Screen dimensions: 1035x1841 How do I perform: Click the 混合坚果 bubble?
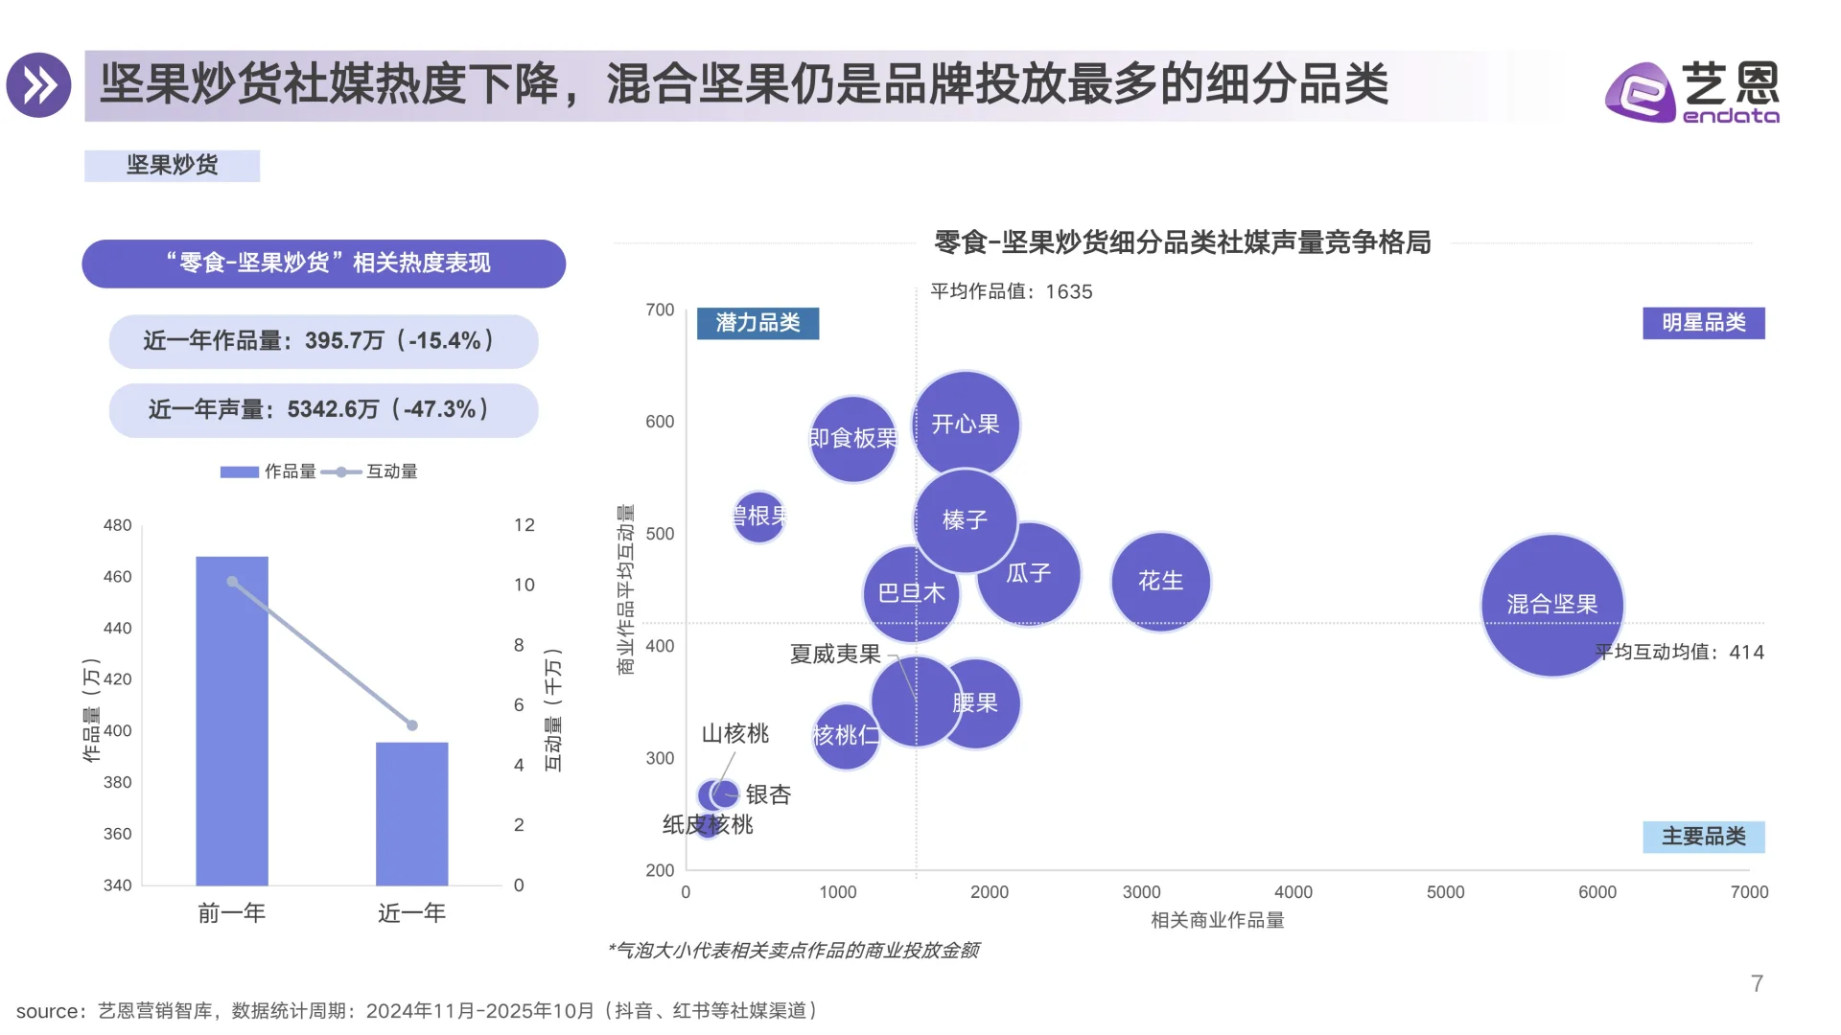[x=1551, y=605]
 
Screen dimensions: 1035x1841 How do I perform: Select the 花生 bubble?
[x=1160, y=581]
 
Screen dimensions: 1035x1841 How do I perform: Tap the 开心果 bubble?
[x=966, y=424]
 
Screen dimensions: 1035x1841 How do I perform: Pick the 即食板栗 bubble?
[x=852, y=438]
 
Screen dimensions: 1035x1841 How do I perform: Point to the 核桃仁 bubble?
[x=845, y=736]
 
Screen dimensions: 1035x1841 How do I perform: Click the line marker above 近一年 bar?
[x=412, y=725]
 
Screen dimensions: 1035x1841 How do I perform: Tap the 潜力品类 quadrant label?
[x=757, y=323]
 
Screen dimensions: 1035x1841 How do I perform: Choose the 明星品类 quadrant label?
[x=1703, y=323]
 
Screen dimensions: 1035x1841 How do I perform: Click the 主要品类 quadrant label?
[x=1703, y=837]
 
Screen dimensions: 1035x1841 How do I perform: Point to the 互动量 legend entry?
[x=370, y=471]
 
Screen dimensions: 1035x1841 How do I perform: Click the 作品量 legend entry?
[x=268, y=471]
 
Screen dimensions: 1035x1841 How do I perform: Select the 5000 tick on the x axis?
[x=1445, y=892]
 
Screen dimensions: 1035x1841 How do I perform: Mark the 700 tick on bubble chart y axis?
[x=660, y=310]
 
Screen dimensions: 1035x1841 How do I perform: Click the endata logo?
[x=1692, y=92]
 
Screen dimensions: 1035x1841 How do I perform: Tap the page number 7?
[x=1757, y=983]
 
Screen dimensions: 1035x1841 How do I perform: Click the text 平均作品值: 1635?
[x=1011, y=291]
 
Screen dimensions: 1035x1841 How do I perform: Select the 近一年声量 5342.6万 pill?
[x=323, y=410]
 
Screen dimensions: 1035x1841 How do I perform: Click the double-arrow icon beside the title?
[x=39, y=85]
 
